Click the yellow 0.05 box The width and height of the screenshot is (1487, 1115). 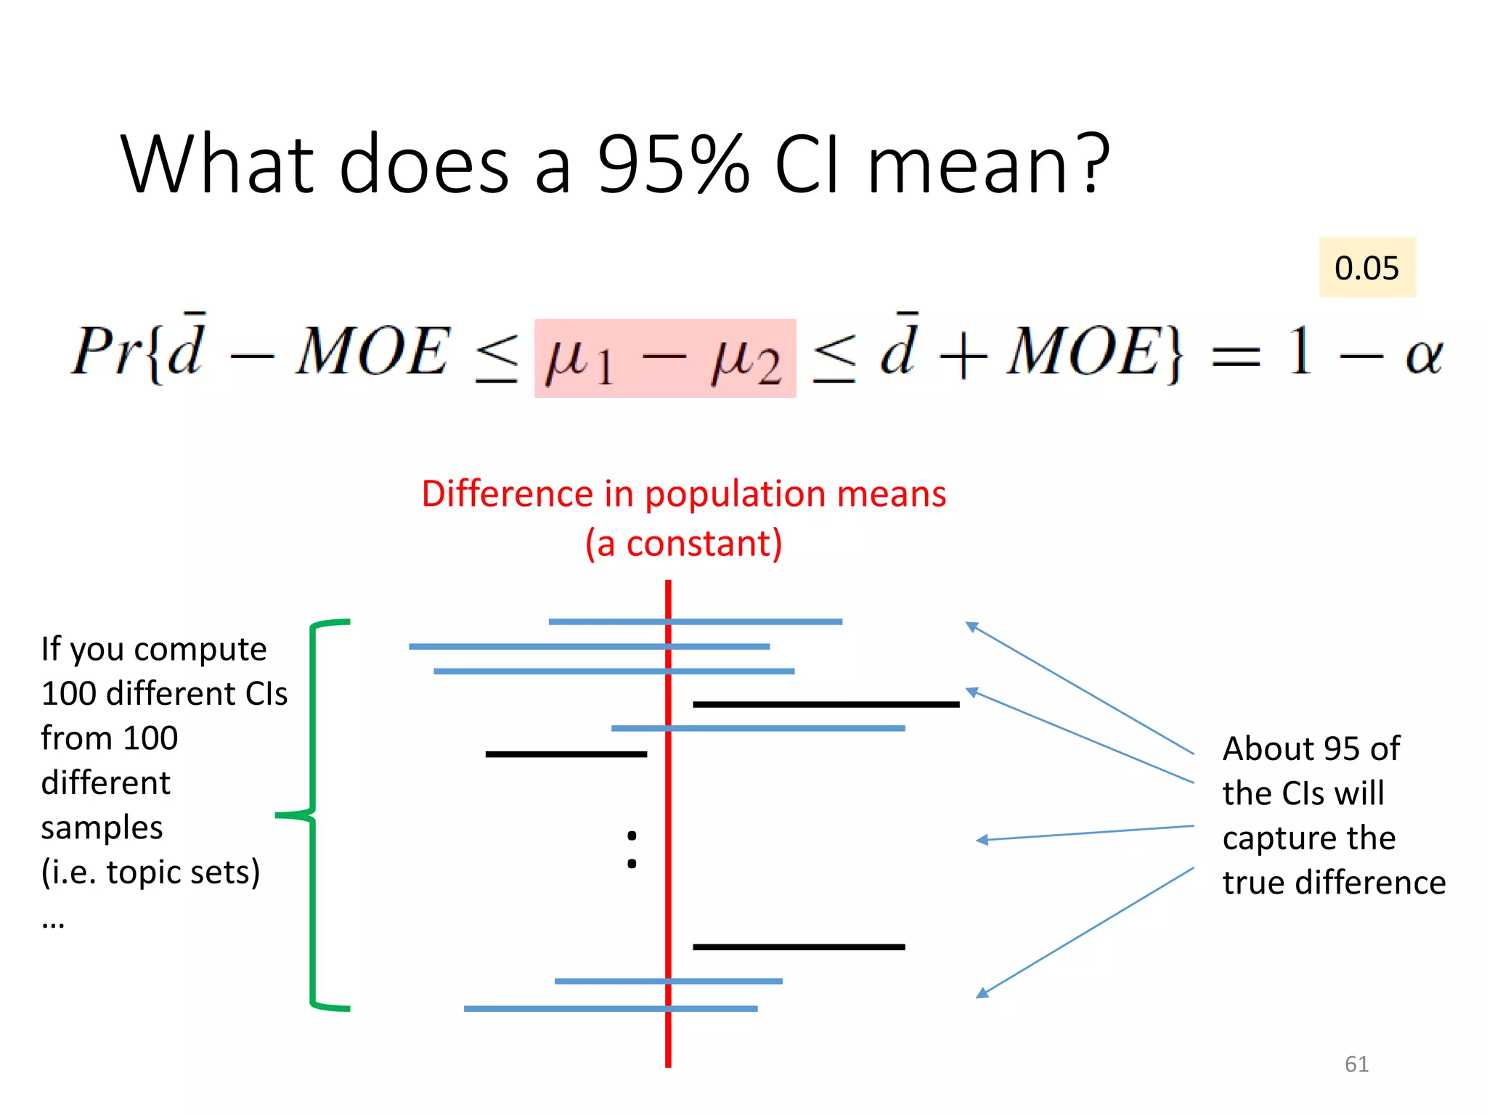pos(1366,268)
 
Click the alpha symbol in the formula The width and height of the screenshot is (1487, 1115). pos(1423,356)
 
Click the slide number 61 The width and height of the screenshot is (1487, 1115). pos(1356,1063)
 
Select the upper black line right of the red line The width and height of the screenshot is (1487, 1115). pos(826,704)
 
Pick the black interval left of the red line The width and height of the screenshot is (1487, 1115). pos(566,754)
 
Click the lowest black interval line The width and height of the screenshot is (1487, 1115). pos(799,947)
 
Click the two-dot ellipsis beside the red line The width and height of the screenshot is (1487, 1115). pos(632,849)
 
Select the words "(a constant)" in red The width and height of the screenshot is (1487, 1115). pos(684,544)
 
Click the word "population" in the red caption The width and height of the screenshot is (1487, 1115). pos(735,494)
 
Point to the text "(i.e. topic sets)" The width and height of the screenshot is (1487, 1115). pos(150,872)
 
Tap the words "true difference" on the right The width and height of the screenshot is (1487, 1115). pos(1334,883)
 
